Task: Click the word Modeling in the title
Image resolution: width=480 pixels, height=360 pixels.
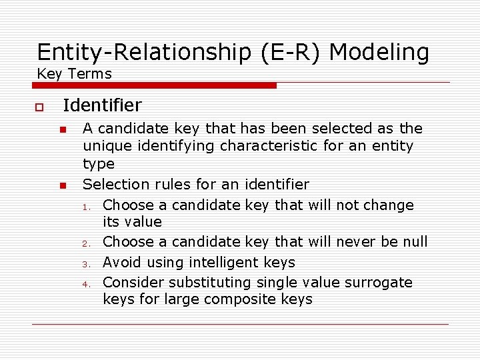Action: click(379, 52)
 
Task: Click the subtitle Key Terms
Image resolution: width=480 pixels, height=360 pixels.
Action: click(75, 73)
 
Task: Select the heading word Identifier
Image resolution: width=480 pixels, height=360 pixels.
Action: click(102, 105)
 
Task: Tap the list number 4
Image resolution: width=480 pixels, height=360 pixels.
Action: click(87, 284)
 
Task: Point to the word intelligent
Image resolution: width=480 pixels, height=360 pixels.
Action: click(223, 263)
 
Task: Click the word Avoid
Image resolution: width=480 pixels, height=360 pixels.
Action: click(123, 262)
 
